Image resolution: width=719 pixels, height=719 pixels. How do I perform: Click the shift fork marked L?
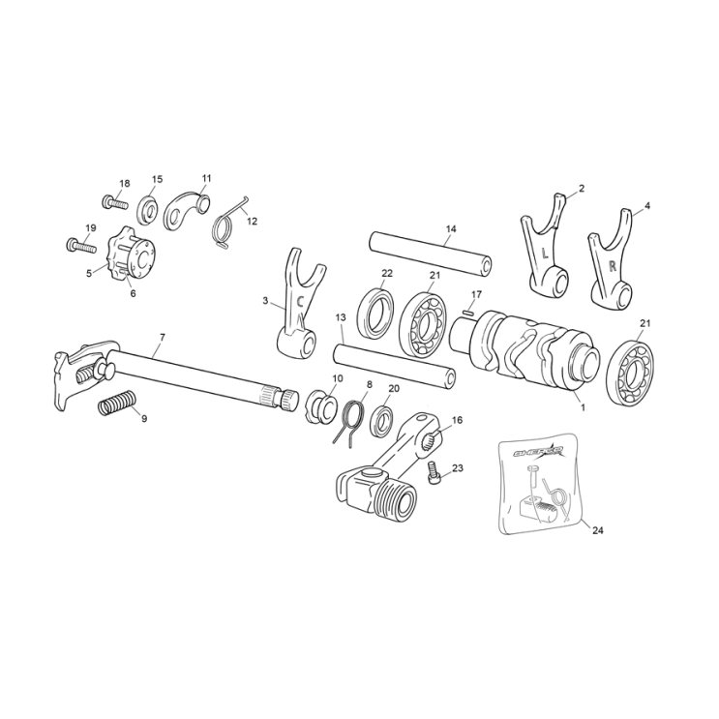click(545, 253)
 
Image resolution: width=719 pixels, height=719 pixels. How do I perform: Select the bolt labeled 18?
click(113, 202)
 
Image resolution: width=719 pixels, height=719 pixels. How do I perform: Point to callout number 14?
click(451, 229)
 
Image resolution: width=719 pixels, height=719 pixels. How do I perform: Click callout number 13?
click(341, 317)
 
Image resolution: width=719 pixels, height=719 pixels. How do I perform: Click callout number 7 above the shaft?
click(163, 337)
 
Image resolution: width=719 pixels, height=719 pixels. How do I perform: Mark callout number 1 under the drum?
click(582, 407)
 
